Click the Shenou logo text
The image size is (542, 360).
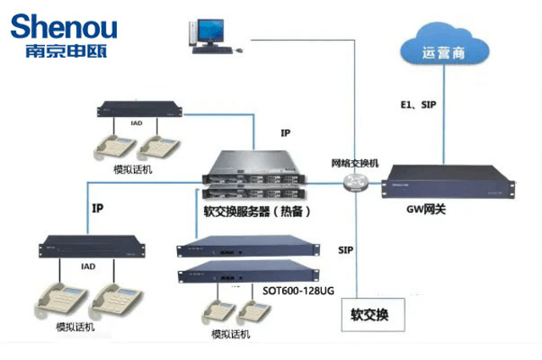[64, 25]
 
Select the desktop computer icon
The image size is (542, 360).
[207, 35]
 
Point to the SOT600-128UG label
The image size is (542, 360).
[298, 291]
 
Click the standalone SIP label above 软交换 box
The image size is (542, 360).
[346, 252]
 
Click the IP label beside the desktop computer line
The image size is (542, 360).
[285, 133]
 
